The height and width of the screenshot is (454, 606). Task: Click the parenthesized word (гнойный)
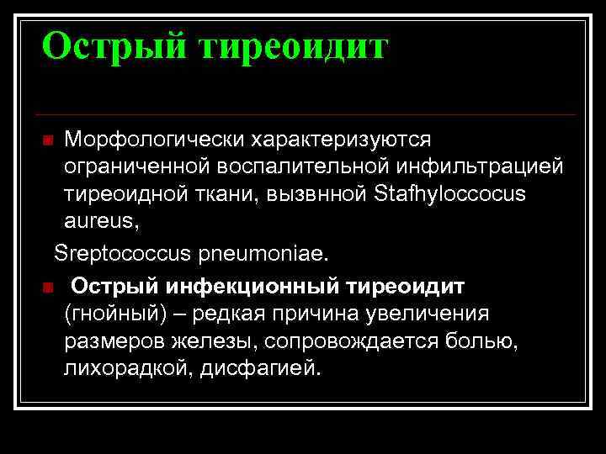point(109,314)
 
